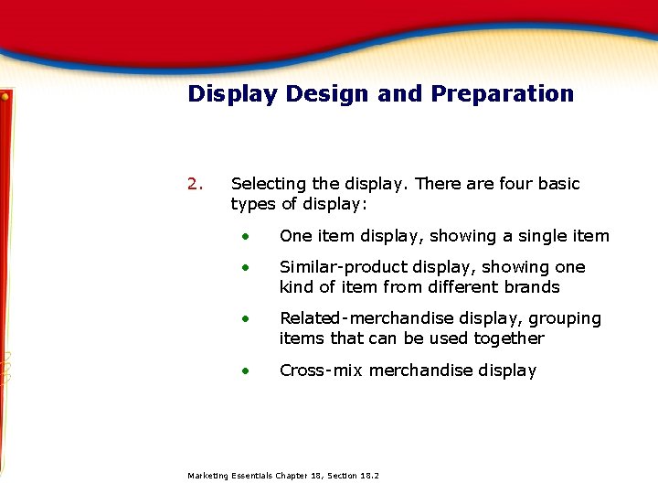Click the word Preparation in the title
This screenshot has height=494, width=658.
(x=502, y=94)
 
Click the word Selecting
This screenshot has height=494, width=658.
(x=268, y=184)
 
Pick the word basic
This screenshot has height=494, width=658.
(x=559, y=184)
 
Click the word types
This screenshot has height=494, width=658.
(x=252, y=204)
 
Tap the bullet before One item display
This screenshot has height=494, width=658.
(x=245, y=237)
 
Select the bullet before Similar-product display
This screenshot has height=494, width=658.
(x=245, y=268)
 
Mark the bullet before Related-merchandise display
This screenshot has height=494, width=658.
(x=245, y=319)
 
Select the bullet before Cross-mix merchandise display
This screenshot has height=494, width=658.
(x=245, y=371)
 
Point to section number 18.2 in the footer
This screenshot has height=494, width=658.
(x=369, y=476)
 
